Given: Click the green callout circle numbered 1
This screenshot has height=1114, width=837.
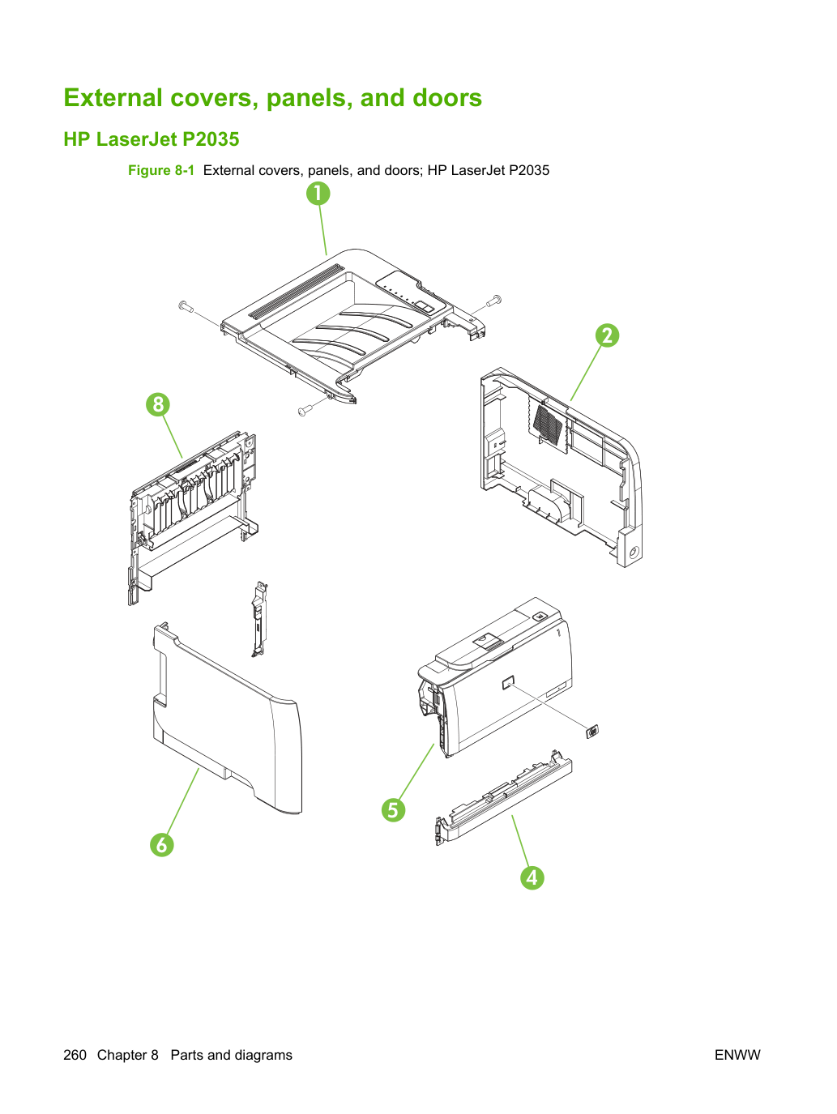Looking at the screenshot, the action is pos(318,194).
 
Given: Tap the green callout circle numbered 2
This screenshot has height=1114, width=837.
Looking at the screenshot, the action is pos(607,335).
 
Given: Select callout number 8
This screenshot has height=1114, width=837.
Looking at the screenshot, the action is pos(158,404).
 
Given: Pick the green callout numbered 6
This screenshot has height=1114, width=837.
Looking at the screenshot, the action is pos(162,844).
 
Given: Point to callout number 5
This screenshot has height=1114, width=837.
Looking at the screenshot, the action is pos(393,809).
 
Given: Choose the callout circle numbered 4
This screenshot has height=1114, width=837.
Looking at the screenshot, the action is pos(532,878).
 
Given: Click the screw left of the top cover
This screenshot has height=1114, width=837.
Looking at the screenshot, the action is pos(186,306).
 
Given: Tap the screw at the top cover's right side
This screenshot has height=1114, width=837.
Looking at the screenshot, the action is pos(494,301).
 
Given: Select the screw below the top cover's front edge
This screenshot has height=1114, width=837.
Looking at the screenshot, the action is pos(305,410).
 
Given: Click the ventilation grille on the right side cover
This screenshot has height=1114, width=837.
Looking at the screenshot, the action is pos(549,423).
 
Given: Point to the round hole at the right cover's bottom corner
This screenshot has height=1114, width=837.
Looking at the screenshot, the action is pos(634,553).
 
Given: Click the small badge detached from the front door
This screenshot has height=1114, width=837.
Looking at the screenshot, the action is pos(592,732).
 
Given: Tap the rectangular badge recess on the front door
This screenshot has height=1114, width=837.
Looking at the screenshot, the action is pos(508,683).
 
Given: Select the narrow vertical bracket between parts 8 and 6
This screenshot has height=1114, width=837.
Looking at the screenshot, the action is pos(259,619).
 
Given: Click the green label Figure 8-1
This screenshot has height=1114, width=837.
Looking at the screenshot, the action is pos(161,170).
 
